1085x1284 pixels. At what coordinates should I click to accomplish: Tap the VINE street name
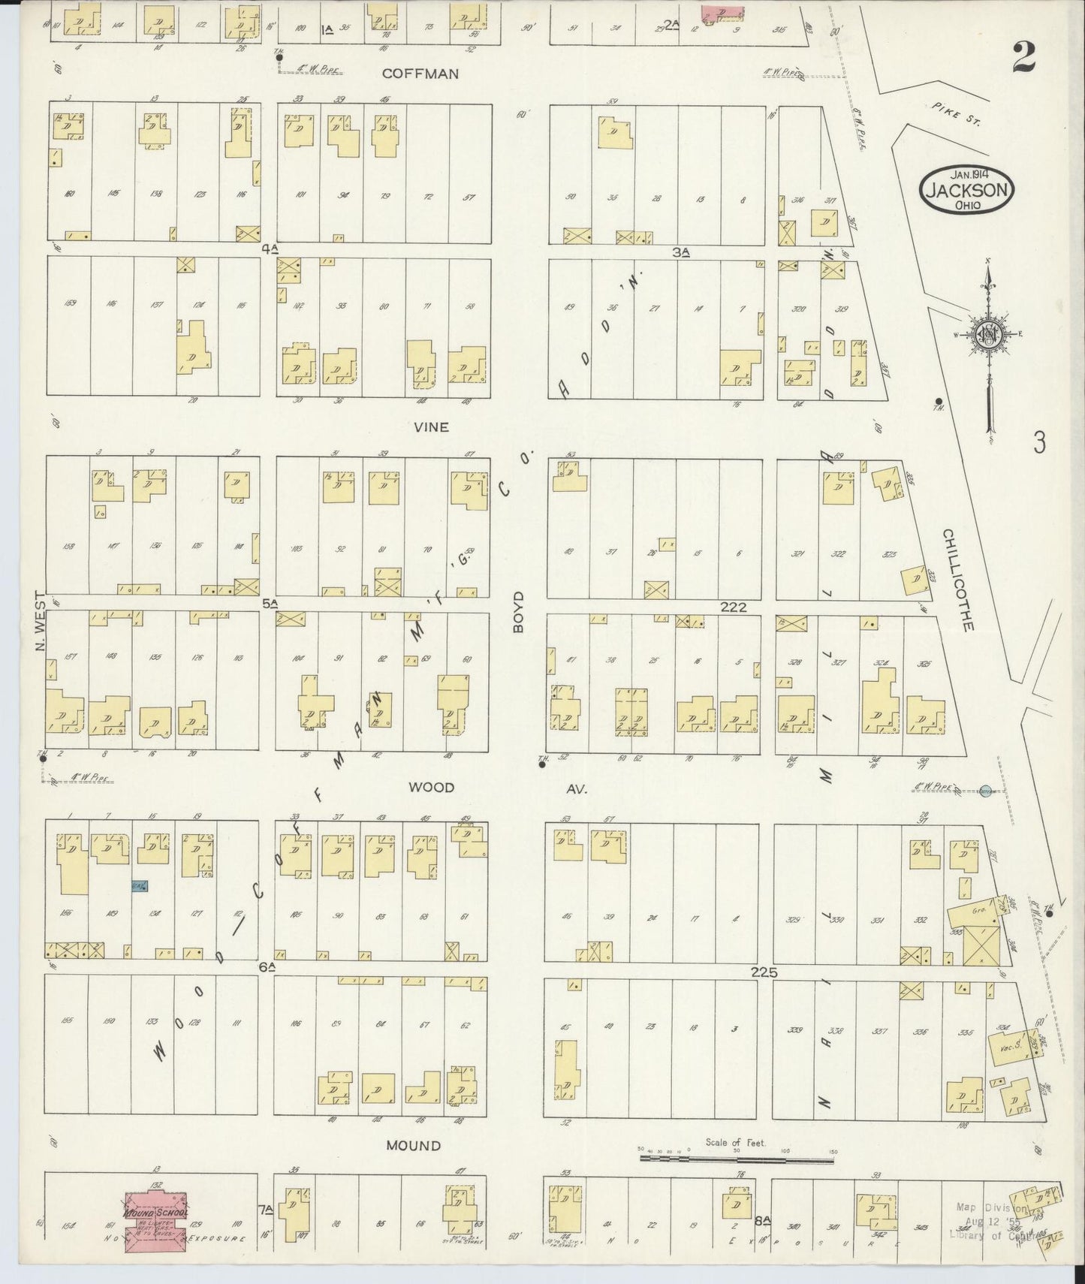click(431, 426)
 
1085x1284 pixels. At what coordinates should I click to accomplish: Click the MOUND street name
click(413, 1167)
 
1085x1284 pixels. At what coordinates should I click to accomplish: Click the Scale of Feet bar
click(736, 1180)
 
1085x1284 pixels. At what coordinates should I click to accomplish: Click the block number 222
click(733, 607)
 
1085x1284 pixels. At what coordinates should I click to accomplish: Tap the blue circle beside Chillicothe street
click(987, 790)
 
